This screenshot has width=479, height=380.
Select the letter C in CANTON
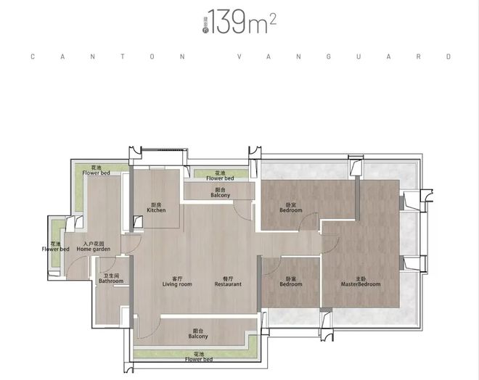(32, 56)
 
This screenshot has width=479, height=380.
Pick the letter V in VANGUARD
(239, 56)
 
